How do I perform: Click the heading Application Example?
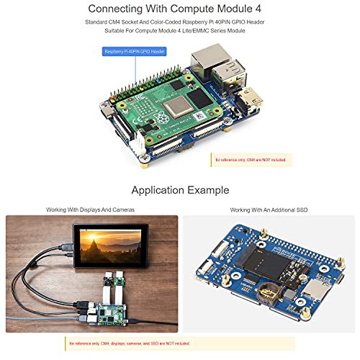[x=180, y=190]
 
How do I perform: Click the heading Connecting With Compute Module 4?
[x=180, y=9]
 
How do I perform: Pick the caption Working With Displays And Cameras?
[x=91, y=210]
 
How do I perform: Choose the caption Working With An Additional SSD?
[x=269, y=210]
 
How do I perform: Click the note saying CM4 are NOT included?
[x=249, y=161]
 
